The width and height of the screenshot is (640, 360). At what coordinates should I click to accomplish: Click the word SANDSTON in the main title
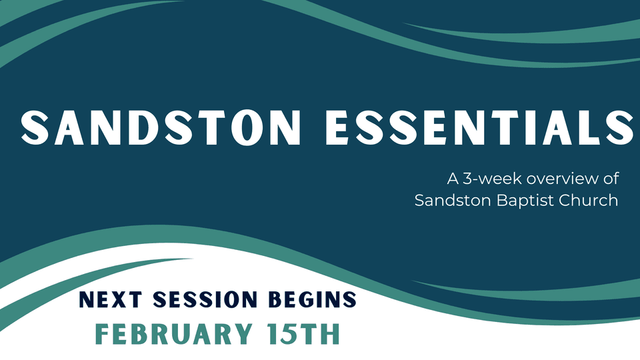pyautogui.click(x=161, y=127)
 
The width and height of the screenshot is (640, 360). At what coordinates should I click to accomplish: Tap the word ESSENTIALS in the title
pyautogui.click(x=480, y=127)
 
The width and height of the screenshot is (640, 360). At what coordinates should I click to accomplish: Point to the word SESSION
pyautogui.click(x=205, y=299)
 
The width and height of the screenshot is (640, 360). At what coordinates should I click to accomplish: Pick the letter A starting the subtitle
pyautogui.click(x=453, y=179)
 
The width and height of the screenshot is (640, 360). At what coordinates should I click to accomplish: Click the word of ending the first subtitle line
pyautogui.click(x=611, y=179)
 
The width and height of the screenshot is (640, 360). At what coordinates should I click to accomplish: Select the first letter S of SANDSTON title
pyautogui.click(x=35, y=127)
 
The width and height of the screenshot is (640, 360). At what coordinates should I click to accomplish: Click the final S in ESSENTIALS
pyautogui.click(x=621, y=127)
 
